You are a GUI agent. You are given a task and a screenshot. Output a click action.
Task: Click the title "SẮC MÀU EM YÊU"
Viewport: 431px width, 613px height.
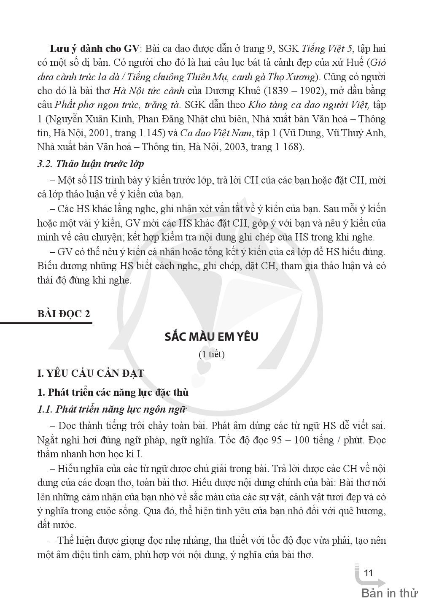click(x=211, y=337)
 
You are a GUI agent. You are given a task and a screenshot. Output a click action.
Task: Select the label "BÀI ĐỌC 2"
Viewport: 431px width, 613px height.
click(x=64, y=314)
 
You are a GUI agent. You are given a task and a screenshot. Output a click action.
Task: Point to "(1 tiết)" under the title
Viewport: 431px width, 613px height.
click(x=211, y=354)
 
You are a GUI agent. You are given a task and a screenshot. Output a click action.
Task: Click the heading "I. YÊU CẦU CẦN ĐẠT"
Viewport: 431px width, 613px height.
click(x=91, y=373)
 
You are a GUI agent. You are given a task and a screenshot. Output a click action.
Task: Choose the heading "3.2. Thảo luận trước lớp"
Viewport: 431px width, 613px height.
click(x=91, y=164)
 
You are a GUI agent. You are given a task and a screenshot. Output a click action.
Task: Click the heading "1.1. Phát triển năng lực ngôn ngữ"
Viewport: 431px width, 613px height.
click(x=111, y=409)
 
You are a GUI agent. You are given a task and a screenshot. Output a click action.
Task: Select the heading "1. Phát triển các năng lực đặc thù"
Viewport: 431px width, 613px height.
click(x=113, y=392)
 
